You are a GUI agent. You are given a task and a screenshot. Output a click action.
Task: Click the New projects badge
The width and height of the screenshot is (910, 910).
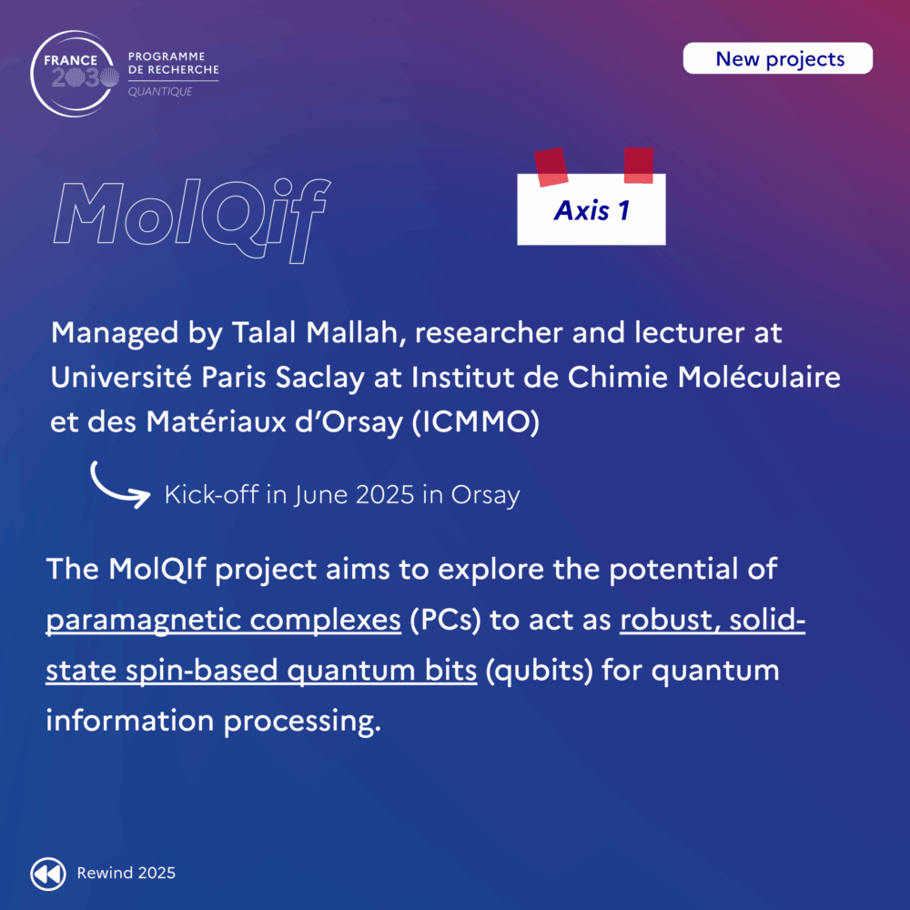(778, 58)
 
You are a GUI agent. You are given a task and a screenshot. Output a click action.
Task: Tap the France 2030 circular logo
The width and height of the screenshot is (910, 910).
(74, 74)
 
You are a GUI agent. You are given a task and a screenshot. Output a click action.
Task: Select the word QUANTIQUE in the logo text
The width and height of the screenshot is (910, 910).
(159, 92)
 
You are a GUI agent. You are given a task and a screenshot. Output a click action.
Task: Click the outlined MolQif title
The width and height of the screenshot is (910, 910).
(192, 220)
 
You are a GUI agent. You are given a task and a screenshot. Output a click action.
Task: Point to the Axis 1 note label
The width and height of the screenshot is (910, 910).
(591, 209)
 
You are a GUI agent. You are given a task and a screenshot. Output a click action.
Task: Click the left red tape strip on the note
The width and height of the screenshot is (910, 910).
(551, 167)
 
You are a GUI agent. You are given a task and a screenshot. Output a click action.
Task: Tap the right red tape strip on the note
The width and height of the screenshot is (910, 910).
(639, 166)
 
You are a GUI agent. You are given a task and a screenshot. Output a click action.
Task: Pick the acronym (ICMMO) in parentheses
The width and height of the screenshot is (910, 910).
(475, 422)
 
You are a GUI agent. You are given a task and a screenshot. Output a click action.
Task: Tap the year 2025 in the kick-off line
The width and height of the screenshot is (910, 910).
(385, 495)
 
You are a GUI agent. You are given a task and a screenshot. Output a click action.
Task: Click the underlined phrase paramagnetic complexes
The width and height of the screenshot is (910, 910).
(224, 621)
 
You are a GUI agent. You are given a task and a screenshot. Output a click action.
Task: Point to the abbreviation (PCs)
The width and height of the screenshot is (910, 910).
(446, 620)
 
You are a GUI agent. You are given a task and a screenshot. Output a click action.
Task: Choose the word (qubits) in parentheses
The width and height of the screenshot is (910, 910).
(539, 671)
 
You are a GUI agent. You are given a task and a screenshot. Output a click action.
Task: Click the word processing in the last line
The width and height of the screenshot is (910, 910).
(302, 722)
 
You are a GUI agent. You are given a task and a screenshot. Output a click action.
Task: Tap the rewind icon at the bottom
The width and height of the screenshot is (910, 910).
(48, 874)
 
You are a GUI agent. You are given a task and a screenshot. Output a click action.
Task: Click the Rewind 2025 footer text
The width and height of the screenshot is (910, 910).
(126, 873)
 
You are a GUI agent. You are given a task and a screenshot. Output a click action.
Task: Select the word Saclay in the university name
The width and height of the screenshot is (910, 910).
(319, 378)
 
